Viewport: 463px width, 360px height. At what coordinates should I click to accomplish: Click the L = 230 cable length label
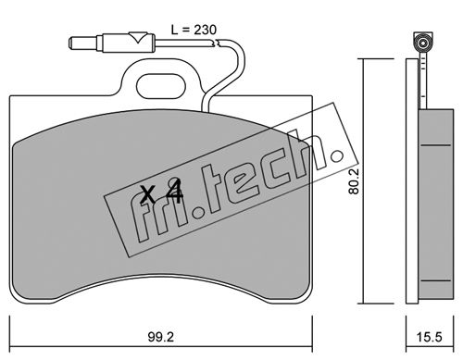194,30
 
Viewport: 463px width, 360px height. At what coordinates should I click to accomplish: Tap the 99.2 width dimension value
160,337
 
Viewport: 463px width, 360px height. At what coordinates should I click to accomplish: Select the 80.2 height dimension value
354,180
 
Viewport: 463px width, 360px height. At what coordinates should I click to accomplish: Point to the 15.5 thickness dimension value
430,337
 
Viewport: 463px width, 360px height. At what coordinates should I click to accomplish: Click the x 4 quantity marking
161,192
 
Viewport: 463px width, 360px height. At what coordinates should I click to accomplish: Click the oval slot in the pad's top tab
161,85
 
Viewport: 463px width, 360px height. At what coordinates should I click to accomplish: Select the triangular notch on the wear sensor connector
137,37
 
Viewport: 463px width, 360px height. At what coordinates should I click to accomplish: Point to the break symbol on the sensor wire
217,43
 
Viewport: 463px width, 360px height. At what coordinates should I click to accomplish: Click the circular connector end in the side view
422,43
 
